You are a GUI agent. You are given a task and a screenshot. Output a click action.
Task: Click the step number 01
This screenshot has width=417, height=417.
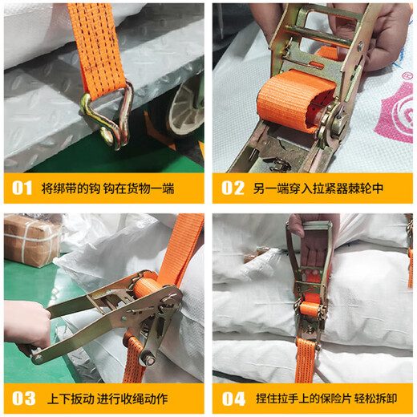click(x=22, y=190)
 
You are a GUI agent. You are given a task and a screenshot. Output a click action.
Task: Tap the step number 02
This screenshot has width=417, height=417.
click(x=233, y=190)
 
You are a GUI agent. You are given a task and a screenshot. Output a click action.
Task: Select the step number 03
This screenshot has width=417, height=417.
click(x=22, y=399)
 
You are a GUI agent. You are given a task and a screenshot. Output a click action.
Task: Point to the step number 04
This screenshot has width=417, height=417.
click(x=233, y=399)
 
